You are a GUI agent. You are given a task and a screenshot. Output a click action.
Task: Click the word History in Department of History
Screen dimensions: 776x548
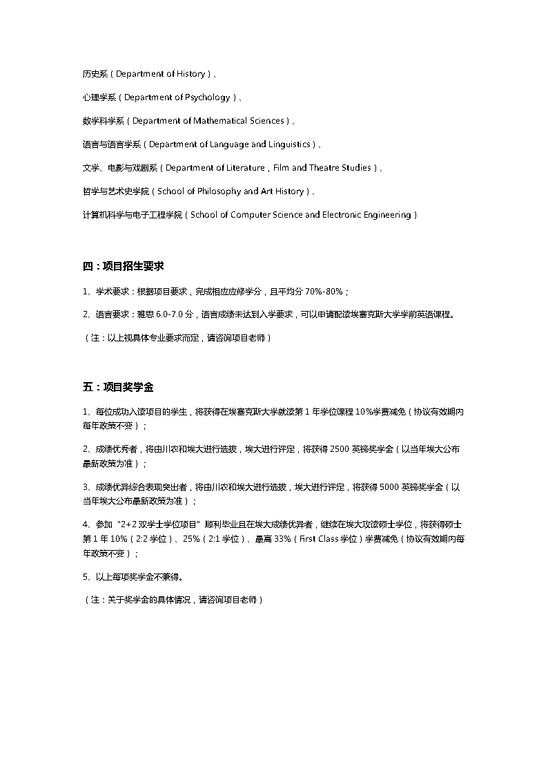[190, 74]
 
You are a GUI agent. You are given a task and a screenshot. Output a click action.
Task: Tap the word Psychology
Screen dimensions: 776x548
[207, 97]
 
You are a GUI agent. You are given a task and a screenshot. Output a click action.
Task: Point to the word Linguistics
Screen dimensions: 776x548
[288, 144]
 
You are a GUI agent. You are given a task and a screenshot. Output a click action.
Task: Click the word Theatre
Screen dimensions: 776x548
[328, 168]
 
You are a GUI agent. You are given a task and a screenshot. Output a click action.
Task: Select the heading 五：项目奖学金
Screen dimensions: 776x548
[122, 386]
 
